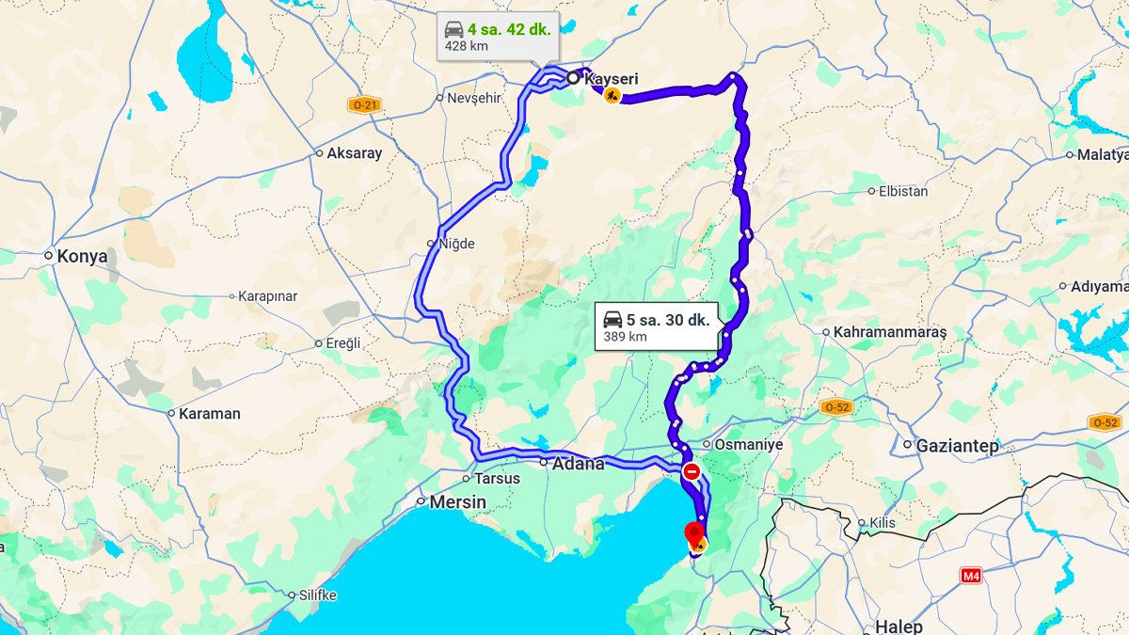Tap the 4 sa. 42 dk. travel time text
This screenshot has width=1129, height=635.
[x=509, y=28]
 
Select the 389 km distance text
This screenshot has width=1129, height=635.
[x=625, y=337]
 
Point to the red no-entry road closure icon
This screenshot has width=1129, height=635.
[x=692, y=471]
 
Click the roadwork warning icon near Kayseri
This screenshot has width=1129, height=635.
[x=612, y=96]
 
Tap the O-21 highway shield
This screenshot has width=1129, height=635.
[x=363, y=105]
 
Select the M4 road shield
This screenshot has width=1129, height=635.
[x=971, y=574]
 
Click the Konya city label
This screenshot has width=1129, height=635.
[x=82, y=256]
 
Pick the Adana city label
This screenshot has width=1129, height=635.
[x=578, y=464]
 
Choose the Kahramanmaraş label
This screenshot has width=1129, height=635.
[x=889, y=332]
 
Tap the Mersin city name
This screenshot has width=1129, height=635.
[x=457, y=502]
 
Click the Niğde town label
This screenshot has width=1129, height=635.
[x=457, y=244]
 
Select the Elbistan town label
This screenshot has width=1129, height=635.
[x=902, y=191]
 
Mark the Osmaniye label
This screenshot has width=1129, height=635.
[x=749, y=444]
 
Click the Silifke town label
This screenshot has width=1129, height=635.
[x=316, y=595]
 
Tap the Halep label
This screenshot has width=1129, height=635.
[x=898, y=627]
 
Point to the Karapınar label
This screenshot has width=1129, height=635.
[x=267, y=296]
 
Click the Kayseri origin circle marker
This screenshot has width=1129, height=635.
[x=573, y=78]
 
